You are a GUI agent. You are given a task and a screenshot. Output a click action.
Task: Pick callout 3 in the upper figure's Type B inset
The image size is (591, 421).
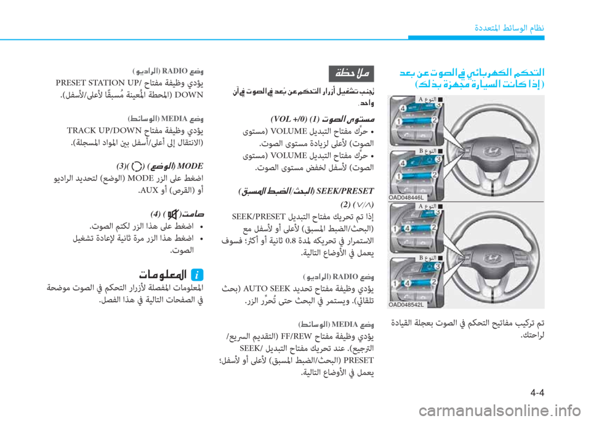(x=440, y=159)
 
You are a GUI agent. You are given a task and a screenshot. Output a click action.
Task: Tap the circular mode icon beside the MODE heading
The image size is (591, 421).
(x=136, y=164)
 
